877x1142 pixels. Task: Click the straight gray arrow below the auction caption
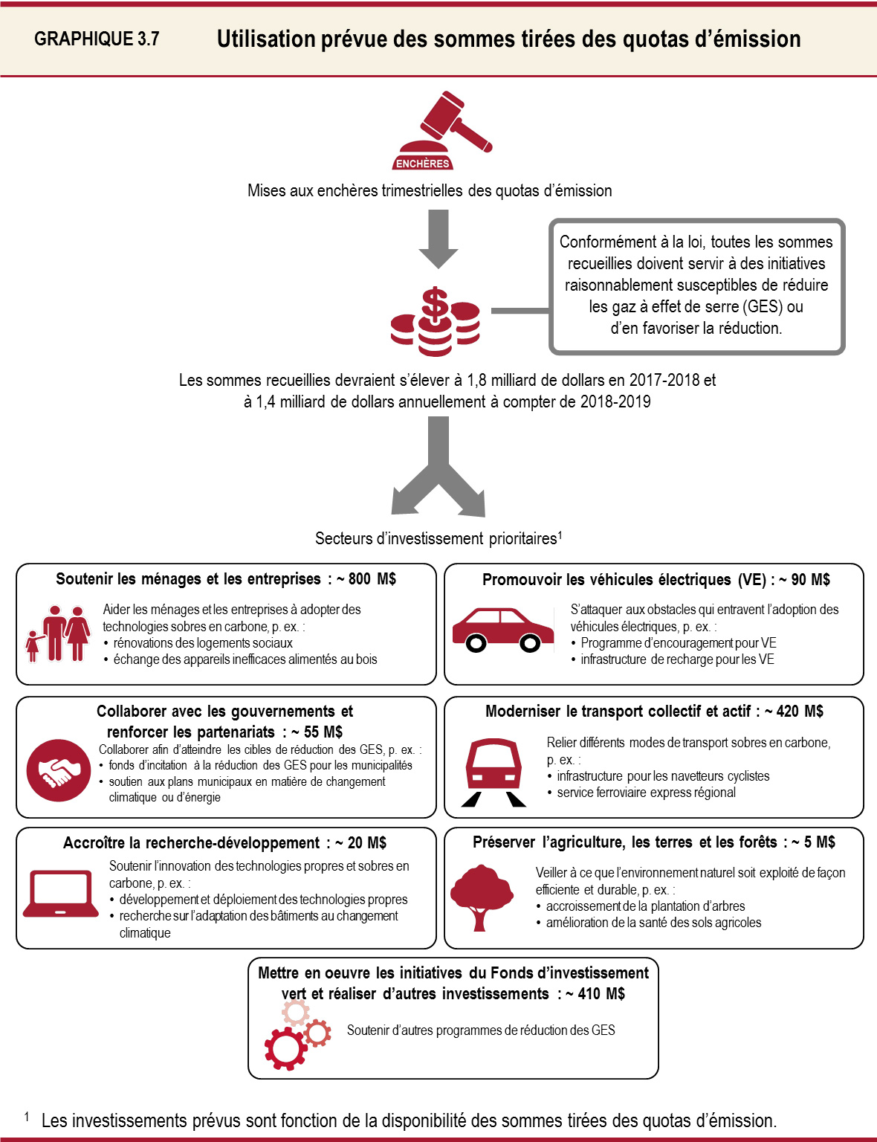click(438, 238)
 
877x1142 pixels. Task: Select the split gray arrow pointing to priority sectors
click(438, 468)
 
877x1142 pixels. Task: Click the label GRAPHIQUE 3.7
click(97, 39)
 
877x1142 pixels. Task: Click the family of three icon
click(58, 633)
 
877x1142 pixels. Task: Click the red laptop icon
click(61, 893)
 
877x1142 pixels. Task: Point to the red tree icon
click(482, 897)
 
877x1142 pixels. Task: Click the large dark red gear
click(285, 1048)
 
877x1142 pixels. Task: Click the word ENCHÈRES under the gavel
click(423, 164)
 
